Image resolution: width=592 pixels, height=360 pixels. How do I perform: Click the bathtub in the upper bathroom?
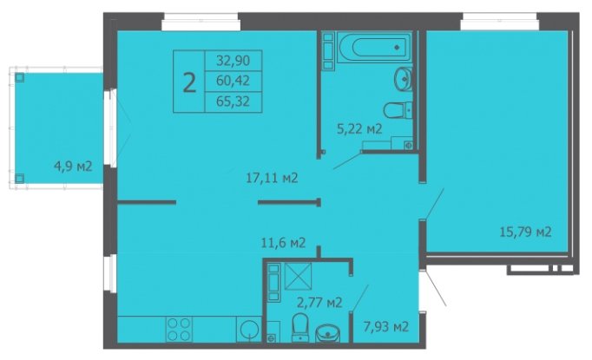pyautogui.click(x=374, y=47)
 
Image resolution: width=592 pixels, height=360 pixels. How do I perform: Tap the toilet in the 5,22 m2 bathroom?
pyautogui.click(x=398, y=110)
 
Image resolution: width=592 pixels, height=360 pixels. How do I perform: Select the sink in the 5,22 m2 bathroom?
pyautogui.click(x=403, y=79)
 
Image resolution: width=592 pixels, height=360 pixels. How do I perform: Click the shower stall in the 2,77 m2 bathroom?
pyautogui.click(x=299, y=276)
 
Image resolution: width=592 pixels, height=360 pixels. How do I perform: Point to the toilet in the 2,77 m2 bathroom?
pyautogui.click(x=300, y=327)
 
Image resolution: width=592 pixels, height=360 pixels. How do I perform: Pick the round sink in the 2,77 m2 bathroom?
pyautogui.click(x=328, y=333)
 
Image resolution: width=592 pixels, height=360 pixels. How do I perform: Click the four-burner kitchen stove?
pyautogui.click(x=179, y=329)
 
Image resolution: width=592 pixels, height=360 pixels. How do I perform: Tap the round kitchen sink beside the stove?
pyautogui.click(x=249, y=329)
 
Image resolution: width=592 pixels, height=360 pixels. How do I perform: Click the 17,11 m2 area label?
pyautogui.click(x=272, y=178)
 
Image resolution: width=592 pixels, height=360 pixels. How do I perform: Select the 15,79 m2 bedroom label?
pyautogui.click(x=525, y=232)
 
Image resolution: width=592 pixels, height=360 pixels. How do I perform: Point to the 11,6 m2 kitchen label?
pyautogui.click(x=283, y=243)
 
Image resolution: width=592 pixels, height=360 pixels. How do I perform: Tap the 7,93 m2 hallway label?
pyautogui.click(x=386, y=326)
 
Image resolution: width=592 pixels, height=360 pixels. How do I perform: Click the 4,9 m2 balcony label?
pyautogui.click(x=73, y=166)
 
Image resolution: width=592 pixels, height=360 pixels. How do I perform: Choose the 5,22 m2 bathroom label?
pyautogui.click(x=359, y=129)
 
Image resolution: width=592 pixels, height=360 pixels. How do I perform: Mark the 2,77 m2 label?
pyautogui.click(x=319, y=302)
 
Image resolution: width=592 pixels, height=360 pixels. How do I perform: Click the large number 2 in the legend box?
pyautogui.click(x=189, y=83)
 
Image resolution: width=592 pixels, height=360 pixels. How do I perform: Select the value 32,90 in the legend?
pyautogui.click(x=233, y=61)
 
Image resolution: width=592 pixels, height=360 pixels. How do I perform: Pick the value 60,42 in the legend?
pyautogui.click(x=233, y=81)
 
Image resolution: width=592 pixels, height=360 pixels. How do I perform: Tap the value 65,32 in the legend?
pyautogui.click(x=233, y=101)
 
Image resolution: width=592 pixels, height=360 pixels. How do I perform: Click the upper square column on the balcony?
pyautogui.click(x=20, y=78)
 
